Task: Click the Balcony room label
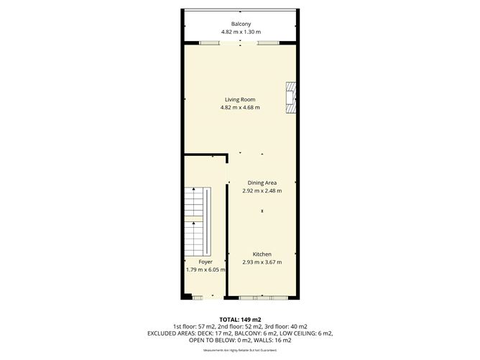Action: tap(240, 24)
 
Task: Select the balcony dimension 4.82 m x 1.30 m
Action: tap(240, 32)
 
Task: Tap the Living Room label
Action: tap(240, 100)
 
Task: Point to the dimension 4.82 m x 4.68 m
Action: tap(240, 108)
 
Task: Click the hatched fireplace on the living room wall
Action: tap(290, 98)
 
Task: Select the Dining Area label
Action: tap(262, 183)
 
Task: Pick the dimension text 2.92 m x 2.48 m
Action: tap(262, 190)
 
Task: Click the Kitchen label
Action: tap(262, 254)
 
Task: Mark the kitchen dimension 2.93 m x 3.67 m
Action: tap(262, 262)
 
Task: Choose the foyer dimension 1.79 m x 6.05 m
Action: tap(206, 270)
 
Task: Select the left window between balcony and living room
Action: tap(210, 43)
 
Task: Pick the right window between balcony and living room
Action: tap(268, 43)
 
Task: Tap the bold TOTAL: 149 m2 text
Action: tap(240, 318)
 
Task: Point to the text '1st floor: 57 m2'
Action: tap(188, 326)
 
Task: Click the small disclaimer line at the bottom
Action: tap(240, 350)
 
